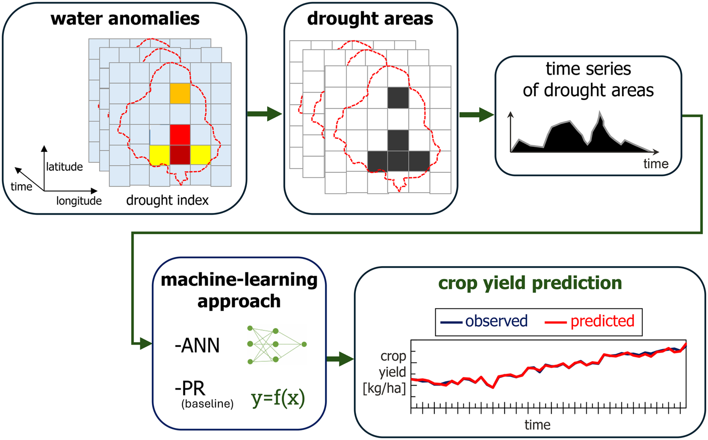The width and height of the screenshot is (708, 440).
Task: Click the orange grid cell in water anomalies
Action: pyautogui.click(x=180, y=93)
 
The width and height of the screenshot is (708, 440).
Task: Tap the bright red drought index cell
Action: pyautogui.click(x=180, y=135)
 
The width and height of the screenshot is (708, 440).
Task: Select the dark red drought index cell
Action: pyautogui.click(x=180, y=155)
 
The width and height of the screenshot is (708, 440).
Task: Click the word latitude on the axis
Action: pyautogui.click(x=65, y=167)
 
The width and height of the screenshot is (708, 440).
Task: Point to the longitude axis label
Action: pyautogui.click(x=79, y=201)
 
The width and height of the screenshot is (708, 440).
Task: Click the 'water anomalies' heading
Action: pyautogui.click(x=125, y=18)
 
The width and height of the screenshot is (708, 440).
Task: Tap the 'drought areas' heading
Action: pyautogui.click(x=370, y=18)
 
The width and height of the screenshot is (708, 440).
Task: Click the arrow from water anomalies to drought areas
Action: pyautogui.click(x=264, y=114)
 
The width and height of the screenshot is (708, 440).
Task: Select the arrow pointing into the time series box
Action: pyautogui.click(x=477, y=114)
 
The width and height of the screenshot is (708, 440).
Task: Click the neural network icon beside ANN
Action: pyautogui.click(x=277, y=345)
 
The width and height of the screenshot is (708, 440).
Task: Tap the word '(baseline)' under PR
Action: pyautogui.click(x=207, y=404)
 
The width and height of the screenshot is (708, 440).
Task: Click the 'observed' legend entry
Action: pyautogui.click(x=484, y=321)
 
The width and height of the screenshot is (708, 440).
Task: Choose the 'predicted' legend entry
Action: pyautogui.click(x=590, y=321)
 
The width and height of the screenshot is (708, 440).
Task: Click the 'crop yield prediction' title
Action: pyautogui.click(x=530, y=283)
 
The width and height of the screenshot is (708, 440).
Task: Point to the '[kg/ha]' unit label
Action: pyautogui.click(x=384, y=389)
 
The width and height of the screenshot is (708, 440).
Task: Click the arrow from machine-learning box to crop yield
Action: pyautogui.click(x=340, y=359)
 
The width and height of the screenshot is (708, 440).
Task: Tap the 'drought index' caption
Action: pyautogui.click(x=168, y=200)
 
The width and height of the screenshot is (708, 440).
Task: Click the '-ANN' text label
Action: pyautogui.click(x=197, y=345)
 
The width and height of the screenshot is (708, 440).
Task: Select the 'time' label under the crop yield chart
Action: pyautogui.click(x=538, y=425)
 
